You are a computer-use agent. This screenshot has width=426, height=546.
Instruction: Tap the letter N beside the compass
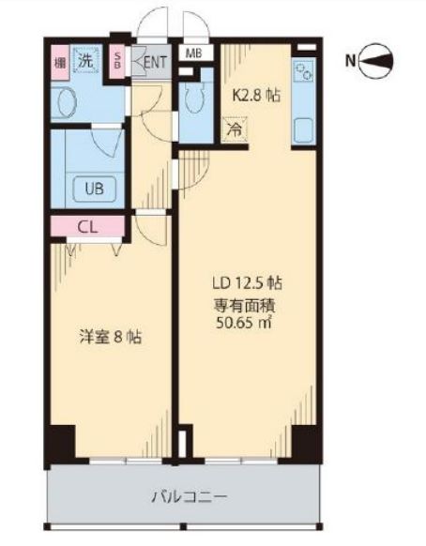[350, 63]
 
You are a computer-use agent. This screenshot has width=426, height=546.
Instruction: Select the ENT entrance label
[156, 63]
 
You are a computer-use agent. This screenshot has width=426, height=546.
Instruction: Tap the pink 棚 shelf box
[57, 61]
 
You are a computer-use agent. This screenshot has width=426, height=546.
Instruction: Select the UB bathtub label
[95, 187]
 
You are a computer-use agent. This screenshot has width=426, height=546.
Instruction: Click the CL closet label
[85, 226]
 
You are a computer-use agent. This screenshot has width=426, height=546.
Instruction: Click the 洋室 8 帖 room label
[108, 337]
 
